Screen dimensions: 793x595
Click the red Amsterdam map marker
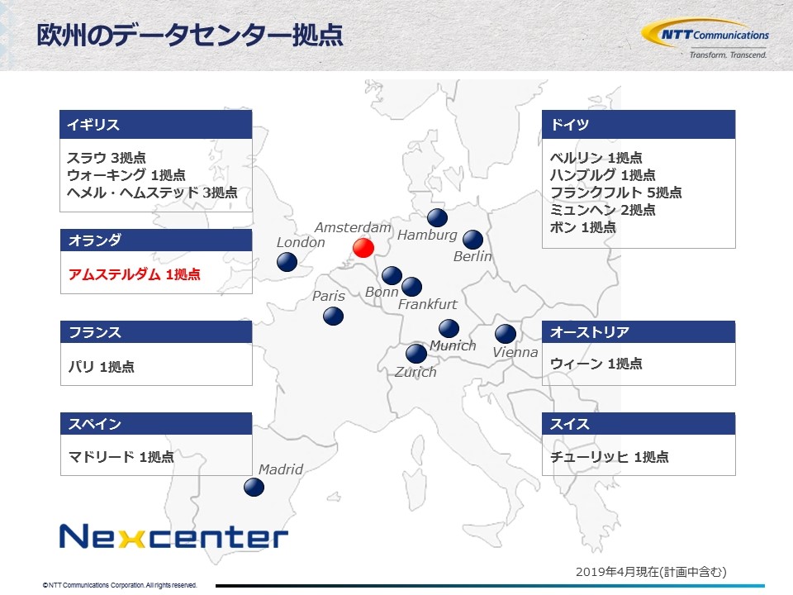tap(363, 248)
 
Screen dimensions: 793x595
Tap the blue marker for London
tap(287, 262)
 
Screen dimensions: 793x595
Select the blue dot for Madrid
tap(254, 488)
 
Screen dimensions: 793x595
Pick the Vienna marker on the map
tap(506, 334)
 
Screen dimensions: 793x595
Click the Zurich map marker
tap(416, 353)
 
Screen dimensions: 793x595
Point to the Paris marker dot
tap(333, 317)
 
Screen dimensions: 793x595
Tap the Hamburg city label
tap(427, 236)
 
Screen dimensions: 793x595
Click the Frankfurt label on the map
tap(427, 304)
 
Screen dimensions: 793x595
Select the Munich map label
tap(453, 345)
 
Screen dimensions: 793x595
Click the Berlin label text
tap(472, 256)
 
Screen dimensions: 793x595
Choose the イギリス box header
tap(156, 125)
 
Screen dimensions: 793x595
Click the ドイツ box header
tap(639, 125)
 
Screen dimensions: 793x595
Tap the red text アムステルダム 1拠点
tap(135, 274)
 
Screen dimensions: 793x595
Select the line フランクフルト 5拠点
tap(616, 193)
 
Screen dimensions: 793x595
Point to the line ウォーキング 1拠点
tap(126, 175)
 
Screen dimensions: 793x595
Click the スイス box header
tap(639, 423)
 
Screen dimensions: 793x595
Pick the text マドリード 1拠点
tap(121, 457)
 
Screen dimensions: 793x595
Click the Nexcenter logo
tap(173, 537)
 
